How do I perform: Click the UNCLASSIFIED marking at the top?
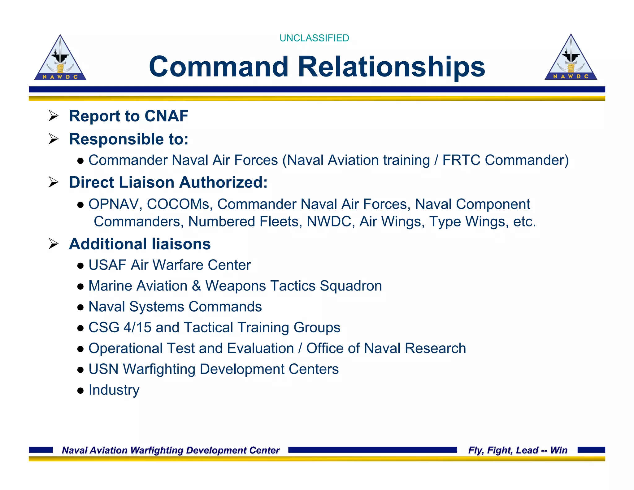coord(314,38)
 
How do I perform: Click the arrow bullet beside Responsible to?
coord(54,139)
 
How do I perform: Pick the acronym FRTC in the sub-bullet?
coord(461,160)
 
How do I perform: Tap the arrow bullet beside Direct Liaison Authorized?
coord(54,182)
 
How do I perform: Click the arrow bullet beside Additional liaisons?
coord(54,244)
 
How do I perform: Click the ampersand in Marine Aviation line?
coord(196,286)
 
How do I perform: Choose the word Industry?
coord(114,390)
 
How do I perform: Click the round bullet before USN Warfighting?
coord(80,370)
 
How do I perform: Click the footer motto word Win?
coord(559,450)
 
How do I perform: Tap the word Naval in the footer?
coord(73,450)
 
